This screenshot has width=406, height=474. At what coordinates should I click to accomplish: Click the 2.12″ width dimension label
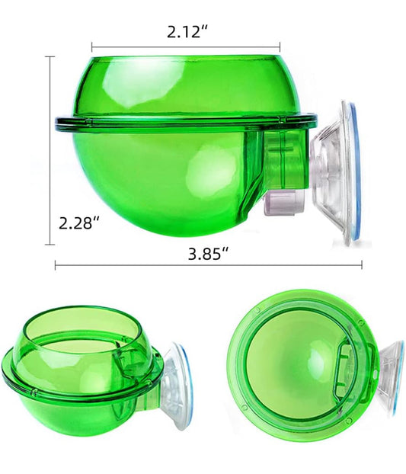187,32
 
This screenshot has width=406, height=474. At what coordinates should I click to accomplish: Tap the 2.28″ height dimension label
79,224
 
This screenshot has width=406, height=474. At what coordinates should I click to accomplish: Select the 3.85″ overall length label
208,254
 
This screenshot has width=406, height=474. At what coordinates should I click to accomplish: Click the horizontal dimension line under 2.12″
186,47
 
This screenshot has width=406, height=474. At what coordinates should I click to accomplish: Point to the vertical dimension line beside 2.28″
50,150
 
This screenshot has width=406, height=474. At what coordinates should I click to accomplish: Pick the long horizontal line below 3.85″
209,265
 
